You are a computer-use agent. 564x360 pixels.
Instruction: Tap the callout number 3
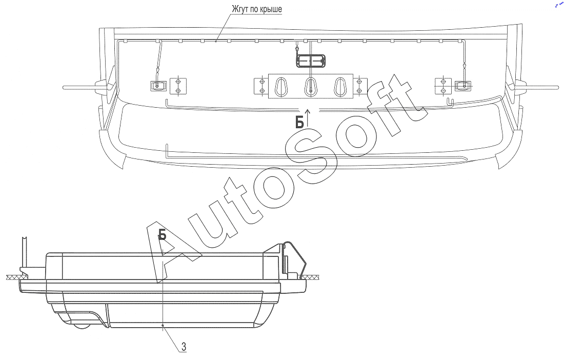[184, 347]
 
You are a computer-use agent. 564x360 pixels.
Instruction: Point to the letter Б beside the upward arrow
[299, 123]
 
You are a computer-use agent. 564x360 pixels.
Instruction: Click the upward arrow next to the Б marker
[308, 116]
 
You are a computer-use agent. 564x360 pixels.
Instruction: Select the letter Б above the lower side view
[162, 235]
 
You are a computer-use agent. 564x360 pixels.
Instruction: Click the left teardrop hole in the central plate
[281, 87]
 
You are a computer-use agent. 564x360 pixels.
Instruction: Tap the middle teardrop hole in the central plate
[310, 87]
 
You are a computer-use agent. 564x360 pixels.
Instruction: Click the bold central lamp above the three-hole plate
[311, 61]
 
